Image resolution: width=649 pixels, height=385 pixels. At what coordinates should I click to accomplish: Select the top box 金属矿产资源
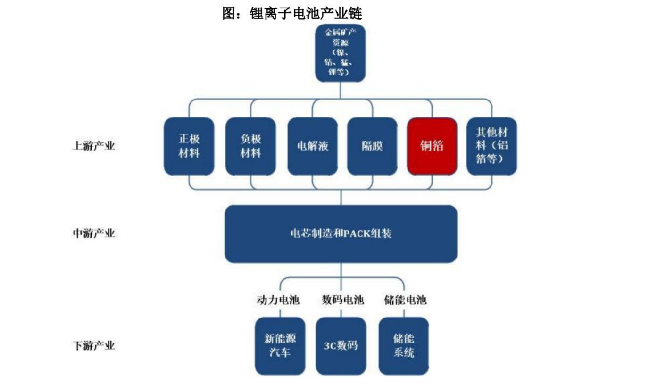pyautogui.click(x=340, y=52)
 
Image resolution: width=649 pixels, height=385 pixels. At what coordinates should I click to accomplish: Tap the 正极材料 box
pyautogui.click(x=189, y=146)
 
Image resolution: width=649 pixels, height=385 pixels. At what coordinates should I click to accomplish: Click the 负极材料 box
pyautogui.click(x=250, y=146)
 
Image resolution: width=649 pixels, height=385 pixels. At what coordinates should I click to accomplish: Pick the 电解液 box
pyautogui.click(x=312, y=146)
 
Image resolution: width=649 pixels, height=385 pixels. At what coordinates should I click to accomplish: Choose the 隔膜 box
pyautogui.click(x=372, y=146)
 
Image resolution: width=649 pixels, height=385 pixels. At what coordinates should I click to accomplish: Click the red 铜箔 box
pyautogui.click(x=432, y=146)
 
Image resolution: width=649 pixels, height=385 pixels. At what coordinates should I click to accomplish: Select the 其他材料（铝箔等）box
pyautogui.click(x=491, y=146)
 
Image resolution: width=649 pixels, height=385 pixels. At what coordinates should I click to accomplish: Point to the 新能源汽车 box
pyautogui.click(x=280, y=346)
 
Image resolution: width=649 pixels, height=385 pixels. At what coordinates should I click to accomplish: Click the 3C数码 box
pyautogui.click(x=341, y=346)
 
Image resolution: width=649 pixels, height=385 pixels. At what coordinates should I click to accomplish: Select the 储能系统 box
pyautogui.click(x=404, y=346)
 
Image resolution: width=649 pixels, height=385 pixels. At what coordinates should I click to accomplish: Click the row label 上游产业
pyautogui.click(x=93, y=146)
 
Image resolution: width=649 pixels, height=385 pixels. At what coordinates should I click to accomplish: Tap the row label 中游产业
pyautogui.click(x=93, y=234)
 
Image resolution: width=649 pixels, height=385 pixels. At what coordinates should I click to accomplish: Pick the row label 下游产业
pyautogui.click(x=93, y=346)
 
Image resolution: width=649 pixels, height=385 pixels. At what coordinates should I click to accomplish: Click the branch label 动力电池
pyautogui.click(x=278, y=300)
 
